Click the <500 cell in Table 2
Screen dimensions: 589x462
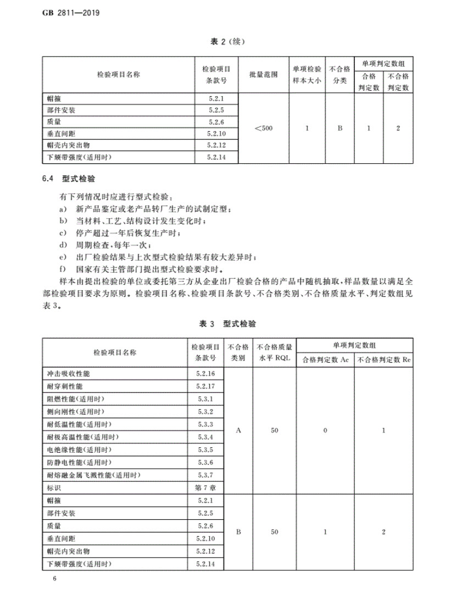[x=264, y=129]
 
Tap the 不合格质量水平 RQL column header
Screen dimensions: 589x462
[x=274, y=353]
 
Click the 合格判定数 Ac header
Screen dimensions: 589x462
[x=325, y=360]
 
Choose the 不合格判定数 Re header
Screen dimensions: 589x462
[x=383, y=360]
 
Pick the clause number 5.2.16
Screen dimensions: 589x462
[x=207, y=374]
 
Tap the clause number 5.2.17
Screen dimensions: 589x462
[x=207, y=386]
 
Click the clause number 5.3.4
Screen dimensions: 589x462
[x=207, y=437]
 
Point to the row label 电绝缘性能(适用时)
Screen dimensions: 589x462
[x=79, y=449]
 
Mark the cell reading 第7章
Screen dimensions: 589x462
[x=207, y=487]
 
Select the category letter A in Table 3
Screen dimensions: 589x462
[x=238, y=431]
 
